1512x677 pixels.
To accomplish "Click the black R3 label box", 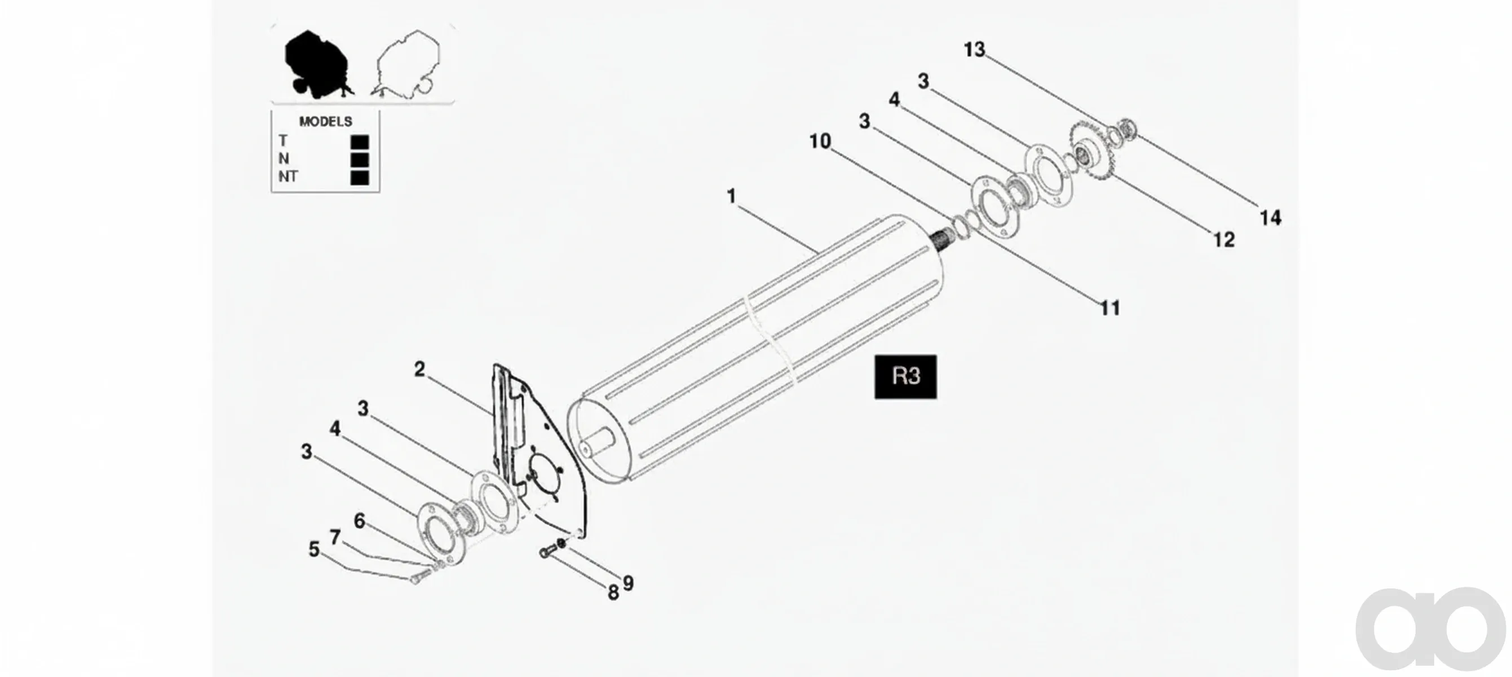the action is coord(905,376).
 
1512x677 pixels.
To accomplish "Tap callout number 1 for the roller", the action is coord(731,196).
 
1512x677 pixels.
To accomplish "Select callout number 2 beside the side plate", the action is coord(419,370).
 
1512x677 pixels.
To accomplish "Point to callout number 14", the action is coord(1270,218).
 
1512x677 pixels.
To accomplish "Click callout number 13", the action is coord(974,49).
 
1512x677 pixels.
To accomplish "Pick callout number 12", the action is coord(1224,240).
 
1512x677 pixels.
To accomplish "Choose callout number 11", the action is coord(1110,307).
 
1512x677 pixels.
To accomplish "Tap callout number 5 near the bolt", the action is coord(314,549).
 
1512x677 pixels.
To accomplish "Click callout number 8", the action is coord(613,592).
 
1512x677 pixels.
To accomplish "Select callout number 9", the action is coord(628,583).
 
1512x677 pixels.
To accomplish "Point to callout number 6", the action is coord(359,521).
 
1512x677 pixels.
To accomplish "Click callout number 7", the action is coord(335,537).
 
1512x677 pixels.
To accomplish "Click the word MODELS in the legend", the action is coord(325,121).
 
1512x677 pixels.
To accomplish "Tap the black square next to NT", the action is coord(359,177).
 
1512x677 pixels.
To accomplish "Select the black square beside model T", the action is coord(359,142).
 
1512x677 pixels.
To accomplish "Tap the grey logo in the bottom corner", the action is coord(1431,628).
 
